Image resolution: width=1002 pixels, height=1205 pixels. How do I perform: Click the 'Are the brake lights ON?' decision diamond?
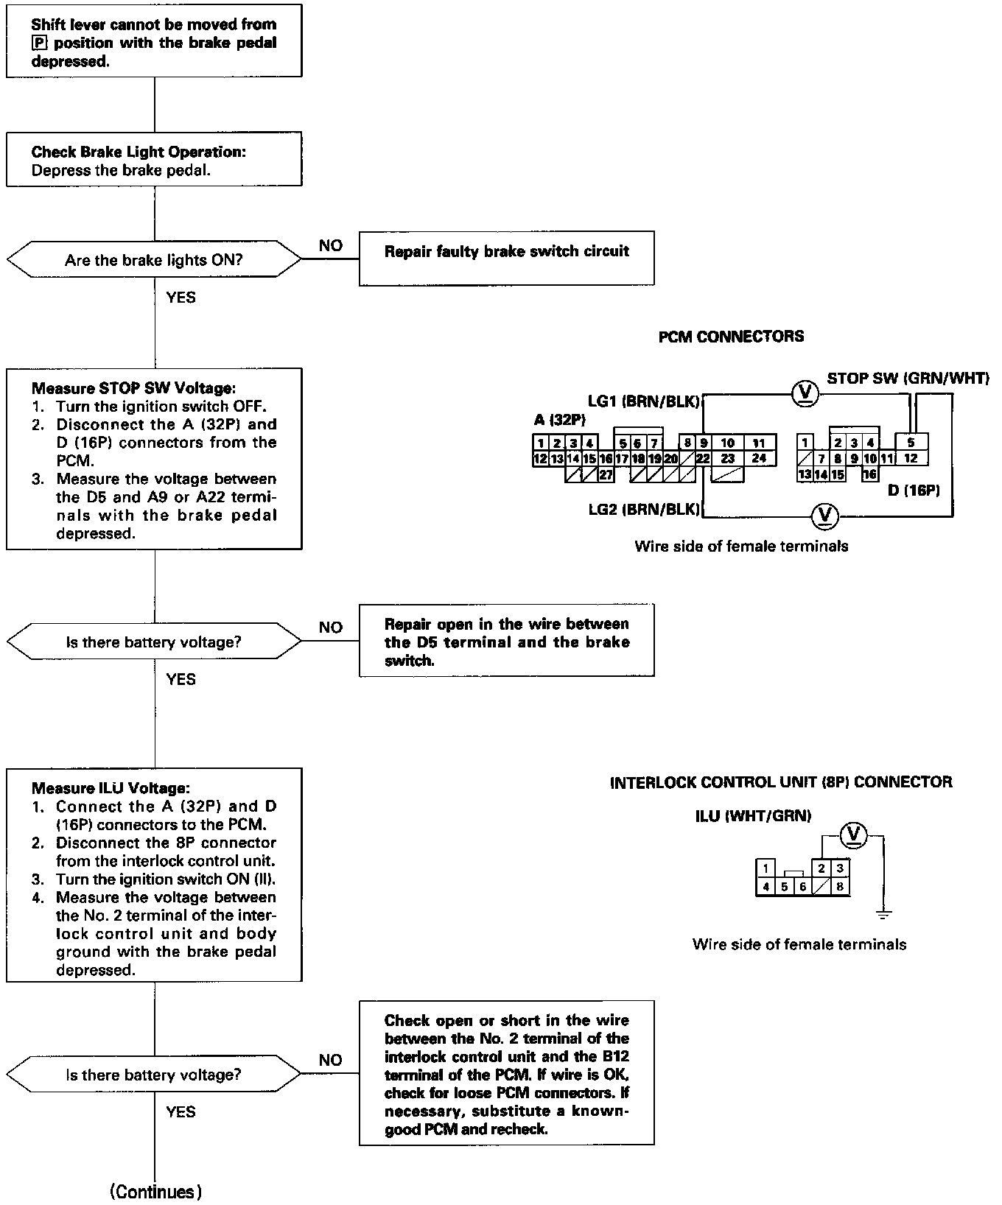[x=154, y=260]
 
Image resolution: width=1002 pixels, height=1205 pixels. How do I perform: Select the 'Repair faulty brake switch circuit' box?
[x=506, y=259]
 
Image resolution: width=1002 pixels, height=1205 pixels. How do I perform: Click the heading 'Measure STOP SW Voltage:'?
[x=133, y=388]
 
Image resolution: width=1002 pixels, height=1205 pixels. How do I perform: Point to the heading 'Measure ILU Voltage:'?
[x=111, y=788]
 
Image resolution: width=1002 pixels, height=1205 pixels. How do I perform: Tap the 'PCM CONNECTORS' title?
[x=731, y=337]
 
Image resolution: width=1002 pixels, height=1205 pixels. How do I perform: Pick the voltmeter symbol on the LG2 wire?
[x=824, y=516]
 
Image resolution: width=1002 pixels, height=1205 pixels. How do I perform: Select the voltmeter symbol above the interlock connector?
[x=854, y=834]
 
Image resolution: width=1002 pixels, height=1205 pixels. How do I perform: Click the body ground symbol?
[x=883, y=914]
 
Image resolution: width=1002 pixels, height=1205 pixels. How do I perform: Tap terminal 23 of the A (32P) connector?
[x=728, y=458]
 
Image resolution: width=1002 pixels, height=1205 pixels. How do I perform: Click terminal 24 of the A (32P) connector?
[x=759, y=458]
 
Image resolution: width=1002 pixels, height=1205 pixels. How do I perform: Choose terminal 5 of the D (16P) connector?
[x=911, y=443]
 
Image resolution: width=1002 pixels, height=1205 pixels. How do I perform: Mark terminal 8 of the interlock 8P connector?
[x=840, y=887]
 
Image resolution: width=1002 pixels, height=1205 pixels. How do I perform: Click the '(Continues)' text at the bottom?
[x=155, y=1191]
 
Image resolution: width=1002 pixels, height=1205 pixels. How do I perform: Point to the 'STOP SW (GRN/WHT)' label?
[x=908, y=379]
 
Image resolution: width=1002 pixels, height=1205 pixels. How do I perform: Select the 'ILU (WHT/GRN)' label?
[x=752, y=815]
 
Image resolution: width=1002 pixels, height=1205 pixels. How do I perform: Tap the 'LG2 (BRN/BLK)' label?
[x=642, y=510]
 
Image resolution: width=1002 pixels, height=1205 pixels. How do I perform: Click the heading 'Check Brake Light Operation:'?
[x=139, y=152]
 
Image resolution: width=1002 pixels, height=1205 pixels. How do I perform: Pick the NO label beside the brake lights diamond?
[x=331, y=246]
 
